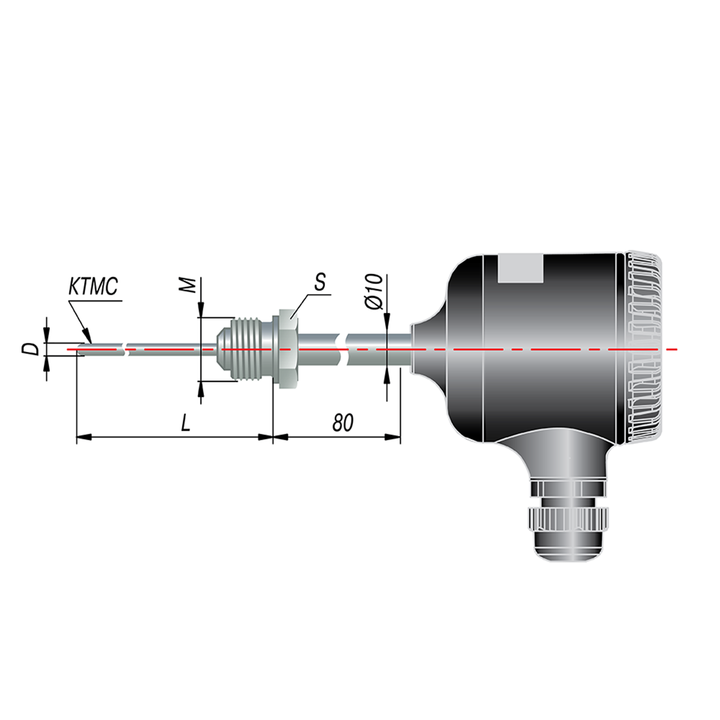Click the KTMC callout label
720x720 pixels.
[x=94, y=286]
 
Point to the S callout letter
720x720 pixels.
[x=319, y=282]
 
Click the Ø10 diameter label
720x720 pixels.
[x=375, y=292]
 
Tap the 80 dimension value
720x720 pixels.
[x=342, y=423]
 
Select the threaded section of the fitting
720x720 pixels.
[x=252, y=349]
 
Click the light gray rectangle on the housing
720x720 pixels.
[x=520, y=268]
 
